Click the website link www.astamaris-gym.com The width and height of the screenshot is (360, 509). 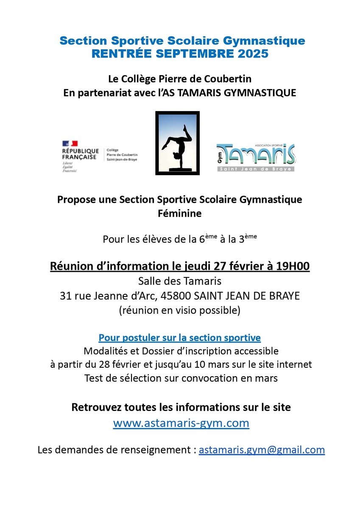(x=181, y=423)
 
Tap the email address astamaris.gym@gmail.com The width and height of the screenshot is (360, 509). (x=262, y=450)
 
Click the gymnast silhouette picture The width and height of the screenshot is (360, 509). (x=178, y=143)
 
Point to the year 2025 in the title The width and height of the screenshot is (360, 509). (x=253, y=54)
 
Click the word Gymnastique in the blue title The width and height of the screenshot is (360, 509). (x=264, y=41)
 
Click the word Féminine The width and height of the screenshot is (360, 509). (x=180, y=214)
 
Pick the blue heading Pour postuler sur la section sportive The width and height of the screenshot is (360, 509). (x=180, y=338)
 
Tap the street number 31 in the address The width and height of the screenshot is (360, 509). (x=66, y=296)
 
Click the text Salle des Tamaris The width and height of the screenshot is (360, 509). (x=180, y=281)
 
